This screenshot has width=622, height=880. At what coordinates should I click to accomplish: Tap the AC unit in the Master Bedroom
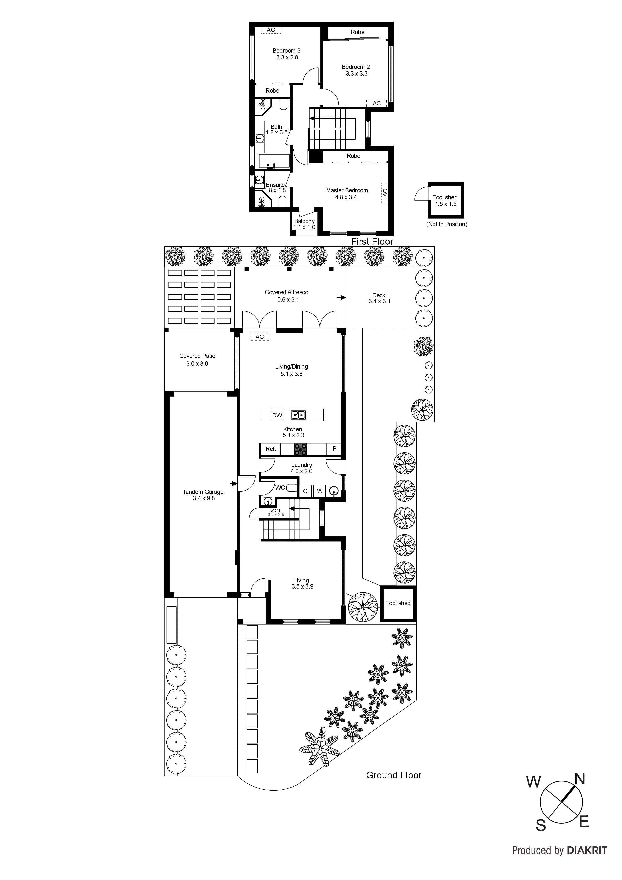pyautogui.click(x=385, y=192)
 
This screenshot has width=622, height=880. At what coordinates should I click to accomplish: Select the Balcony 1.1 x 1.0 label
pyautogui.click(x=304, y=224)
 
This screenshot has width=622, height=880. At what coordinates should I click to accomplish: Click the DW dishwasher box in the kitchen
pyautogui.click(x=277, y=415)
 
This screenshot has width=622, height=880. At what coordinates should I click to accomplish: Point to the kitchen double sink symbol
pyautogui.click(x=298, y=415)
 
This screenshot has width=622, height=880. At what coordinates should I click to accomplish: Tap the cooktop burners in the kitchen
pyautogui.click(x=300, y=449)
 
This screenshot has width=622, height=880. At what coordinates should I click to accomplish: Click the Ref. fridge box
pyautogui.click(x=271, y=449)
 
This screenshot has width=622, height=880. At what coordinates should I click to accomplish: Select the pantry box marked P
pyautogui.click(x=334, y=449)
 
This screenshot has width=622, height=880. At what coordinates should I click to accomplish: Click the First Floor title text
pyautogui.click(x=372, y=242)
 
